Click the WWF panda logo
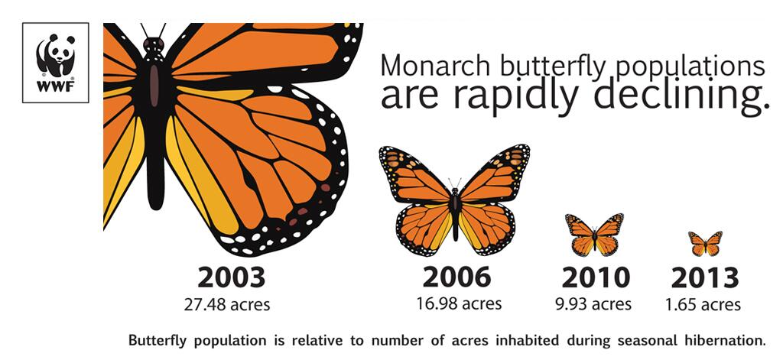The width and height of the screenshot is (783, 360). click(x=55, y=63)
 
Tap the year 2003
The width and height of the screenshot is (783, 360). click(x=231, y=278)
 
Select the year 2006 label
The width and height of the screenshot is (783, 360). click(x=456, y=277)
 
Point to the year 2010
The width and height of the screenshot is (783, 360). click(x=595, y=278)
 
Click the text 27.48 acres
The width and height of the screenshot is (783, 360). click(x=226, y=304)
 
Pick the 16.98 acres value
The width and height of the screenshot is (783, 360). click(x=459, y=303)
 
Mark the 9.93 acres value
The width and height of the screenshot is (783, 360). click(x=593, y=303)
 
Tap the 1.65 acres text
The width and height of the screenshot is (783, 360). click(x=703, y=304)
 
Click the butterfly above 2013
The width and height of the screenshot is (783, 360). click(x=705, y=244)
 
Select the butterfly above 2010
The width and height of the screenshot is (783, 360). click(x=594, y=235)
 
